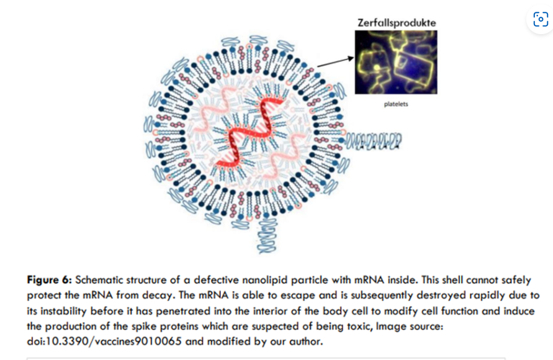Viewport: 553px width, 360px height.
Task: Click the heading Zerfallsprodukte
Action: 397,22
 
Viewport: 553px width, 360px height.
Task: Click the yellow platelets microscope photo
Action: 396,62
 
